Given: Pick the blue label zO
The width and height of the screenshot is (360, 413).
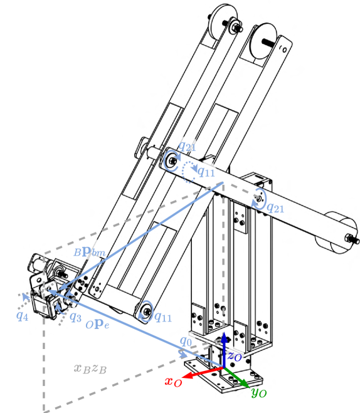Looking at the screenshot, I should [235, 355].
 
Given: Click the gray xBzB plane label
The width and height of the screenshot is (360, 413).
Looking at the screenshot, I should [91, 369].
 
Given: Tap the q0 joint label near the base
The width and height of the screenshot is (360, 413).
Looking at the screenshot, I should [186, 342].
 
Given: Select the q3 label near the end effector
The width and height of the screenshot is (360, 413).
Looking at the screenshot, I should [75, 317].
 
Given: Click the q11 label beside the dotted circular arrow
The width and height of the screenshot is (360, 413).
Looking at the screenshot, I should [208, 170].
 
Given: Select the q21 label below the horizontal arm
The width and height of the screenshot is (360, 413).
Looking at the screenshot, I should [276, 206].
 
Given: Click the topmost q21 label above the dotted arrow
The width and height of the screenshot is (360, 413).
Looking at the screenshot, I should [187, 147].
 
